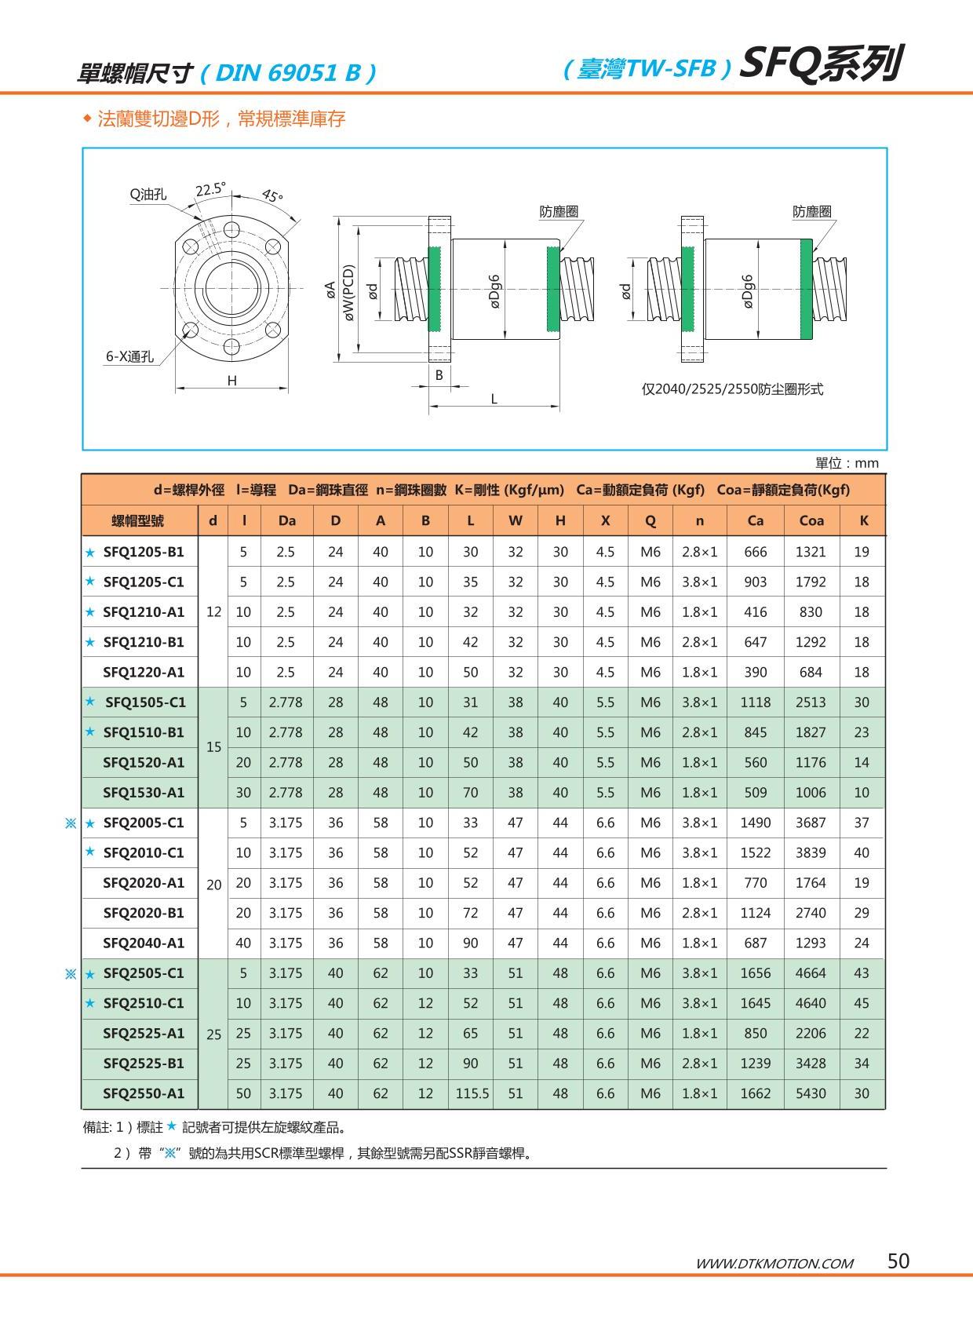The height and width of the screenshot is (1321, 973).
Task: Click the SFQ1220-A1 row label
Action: [144, 672]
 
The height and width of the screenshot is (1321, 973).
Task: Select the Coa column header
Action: [811, 520]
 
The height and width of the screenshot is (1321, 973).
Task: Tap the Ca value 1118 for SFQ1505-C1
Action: [755, 702]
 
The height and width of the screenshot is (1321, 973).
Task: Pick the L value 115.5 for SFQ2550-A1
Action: [472, 1093]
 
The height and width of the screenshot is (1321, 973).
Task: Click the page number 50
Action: [898, 1261]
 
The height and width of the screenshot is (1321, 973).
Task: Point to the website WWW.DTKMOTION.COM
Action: [774, 1263]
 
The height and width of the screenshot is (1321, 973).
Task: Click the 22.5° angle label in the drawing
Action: [210, 190]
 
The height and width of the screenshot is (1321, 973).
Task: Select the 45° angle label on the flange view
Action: [271, 195]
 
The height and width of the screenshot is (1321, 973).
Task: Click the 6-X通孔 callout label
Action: [130, 356]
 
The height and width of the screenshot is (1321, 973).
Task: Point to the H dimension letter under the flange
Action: [231, 381]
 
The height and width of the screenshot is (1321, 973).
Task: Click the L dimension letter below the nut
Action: [494, 399]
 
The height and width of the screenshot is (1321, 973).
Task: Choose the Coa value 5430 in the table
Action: [811, 1093]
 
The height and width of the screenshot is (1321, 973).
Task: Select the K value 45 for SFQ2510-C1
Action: [862, 1003]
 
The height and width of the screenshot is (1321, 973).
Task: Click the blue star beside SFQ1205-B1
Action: [90, 552]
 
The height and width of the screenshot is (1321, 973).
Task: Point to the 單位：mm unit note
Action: [847, 463]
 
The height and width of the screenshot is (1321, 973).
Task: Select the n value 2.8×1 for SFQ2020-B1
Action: [699, 913]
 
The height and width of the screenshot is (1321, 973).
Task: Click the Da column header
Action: [286, 520]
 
